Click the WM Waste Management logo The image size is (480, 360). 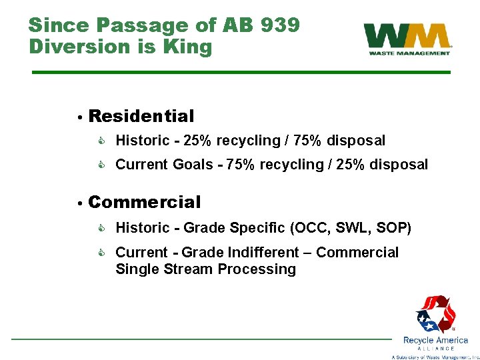coord(407,39)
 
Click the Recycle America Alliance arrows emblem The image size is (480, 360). coord(435,314)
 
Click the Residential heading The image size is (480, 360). coord(141,116)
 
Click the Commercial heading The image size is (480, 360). coord(144,202)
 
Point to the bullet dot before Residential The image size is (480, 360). coord(79,117)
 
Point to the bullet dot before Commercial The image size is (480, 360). coord(79,203)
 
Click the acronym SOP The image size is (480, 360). coord(393,228)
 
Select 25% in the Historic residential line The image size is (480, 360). coord(199,141)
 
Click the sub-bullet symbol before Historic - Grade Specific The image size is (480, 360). coord(103,228)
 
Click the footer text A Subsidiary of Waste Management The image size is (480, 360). coord(435,357)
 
